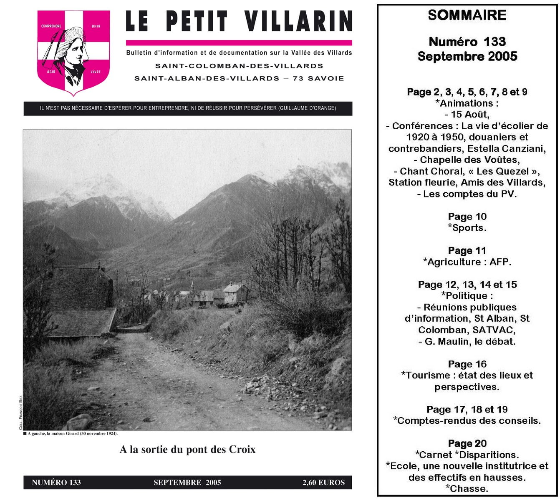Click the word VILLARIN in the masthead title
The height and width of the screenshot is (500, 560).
[x=298, y=21]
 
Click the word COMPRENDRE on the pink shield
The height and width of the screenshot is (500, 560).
[x=51, y=26]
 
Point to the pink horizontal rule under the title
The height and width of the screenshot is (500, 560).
[x=239, y=42]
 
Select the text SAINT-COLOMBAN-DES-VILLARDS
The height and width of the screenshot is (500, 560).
[x=239, y=66]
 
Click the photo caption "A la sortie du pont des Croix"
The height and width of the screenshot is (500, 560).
[x=187, y=450]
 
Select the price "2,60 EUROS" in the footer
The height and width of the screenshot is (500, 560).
[x=323, y=482]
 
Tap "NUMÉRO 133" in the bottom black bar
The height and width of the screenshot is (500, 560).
[x=56, y=482]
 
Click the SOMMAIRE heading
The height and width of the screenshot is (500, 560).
[x=467, y=15]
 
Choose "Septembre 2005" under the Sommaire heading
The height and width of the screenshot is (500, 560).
[x=467, y=56]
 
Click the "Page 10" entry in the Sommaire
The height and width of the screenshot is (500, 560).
[x=467, y=217]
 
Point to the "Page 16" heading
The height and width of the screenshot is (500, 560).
[x=467, y=364]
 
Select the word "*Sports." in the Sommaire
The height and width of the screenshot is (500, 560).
[x=467, y=228]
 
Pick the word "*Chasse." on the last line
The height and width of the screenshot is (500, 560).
[x=467, y=489]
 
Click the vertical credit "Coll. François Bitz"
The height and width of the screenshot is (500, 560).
[x=20, y=412]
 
